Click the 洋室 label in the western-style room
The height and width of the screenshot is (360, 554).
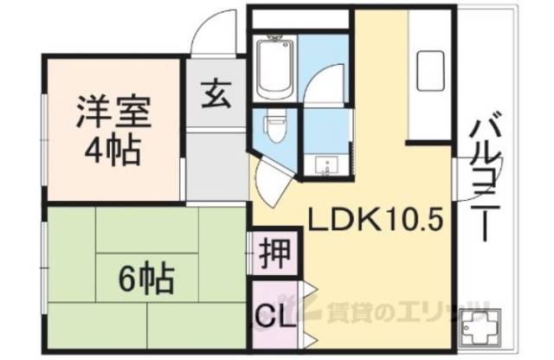click(x=113, y=113)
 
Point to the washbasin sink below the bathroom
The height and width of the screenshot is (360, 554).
click(x=326, y=164)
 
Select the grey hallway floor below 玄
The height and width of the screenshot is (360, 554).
click(x=216, y=164)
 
